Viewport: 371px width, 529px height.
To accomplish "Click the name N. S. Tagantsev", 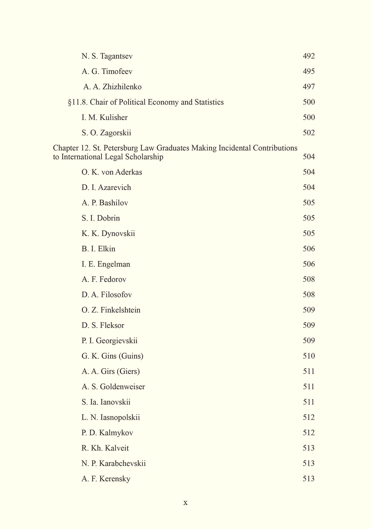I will [x=107, y=56].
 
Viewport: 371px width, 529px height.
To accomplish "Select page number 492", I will [x=309, y=56].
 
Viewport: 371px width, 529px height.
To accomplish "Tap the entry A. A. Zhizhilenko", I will [x=112, y=87].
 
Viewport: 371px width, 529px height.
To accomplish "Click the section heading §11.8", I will [x=78, y=102].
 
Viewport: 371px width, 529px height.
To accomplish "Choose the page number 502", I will [x=309, y=133].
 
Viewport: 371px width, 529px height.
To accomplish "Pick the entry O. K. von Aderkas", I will [x=112, y=172].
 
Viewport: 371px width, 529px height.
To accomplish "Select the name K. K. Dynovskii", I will [x=108, y=234].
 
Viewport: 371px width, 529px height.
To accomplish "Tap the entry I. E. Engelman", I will [x=106, y=264].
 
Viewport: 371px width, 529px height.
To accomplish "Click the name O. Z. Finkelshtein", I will [x=111, y=310].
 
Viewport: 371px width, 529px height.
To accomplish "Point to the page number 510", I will [x=309, y=356].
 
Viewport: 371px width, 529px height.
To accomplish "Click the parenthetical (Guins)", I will [x=131, y=356].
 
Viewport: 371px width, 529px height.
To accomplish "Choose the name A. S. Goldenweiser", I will [x=113, y=387].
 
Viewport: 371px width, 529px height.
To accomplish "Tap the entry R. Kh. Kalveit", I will [x=105, y=448].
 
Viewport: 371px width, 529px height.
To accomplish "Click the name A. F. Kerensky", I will [x=106, y=479].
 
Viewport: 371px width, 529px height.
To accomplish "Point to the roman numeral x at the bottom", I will [x=185, y=503].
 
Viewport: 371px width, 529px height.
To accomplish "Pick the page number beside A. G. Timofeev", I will [x=309, y=72].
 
